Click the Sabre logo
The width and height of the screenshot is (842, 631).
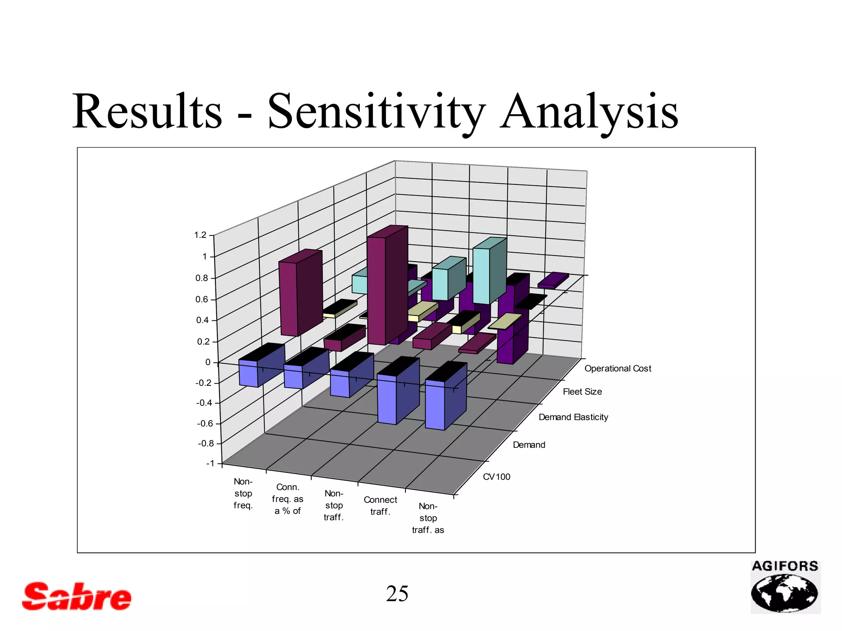[x=77, y=596]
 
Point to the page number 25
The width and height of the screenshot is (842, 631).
[x=397, y=594]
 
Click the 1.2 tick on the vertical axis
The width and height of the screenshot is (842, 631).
[x=201, y=235]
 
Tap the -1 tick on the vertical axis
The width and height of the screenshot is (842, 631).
[x=210, y=463]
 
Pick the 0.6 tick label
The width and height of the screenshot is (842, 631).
[x=201, y=299]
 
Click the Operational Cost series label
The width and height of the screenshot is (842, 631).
[x=618, y=368]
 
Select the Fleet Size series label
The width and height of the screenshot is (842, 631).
[x=582, y=392]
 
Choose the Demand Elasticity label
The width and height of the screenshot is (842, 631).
[x=573, y=417]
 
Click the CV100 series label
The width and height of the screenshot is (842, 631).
[x=496, y=477]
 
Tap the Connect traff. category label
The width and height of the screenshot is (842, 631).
[x=380, y=506]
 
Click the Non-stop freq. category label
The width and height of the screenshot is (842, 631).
[x=243, y=493]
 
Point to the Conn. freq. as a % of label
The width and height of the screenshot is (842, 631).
[x=287, y=499]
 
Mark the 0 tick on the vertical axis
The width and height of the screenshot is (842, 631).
[x=208, y=362]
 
